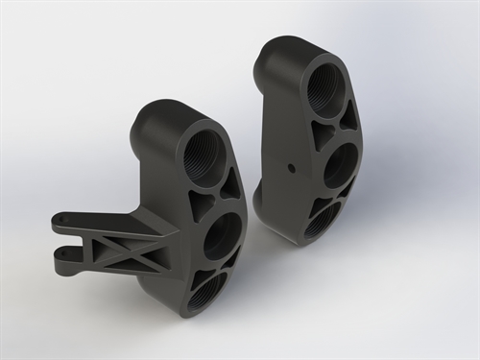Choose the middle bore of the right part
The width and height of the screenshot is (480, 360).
coord(341,167)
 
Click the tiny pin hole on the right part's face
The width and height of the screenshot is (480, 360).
coord(291,165)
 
